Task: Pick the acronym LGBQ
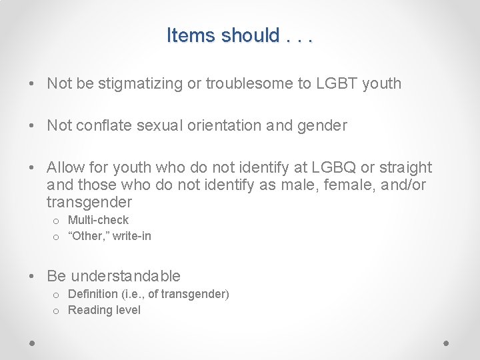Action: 329,167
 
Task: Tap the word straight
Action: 403,167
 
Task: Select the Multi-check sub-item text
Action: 98,220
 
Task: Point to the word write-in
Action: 132,236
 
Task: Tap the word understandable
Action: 125,276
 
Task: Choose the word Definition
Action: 93,294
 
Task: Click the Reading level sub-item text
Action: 104,310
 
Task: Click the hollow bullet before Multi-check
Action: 55,221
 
